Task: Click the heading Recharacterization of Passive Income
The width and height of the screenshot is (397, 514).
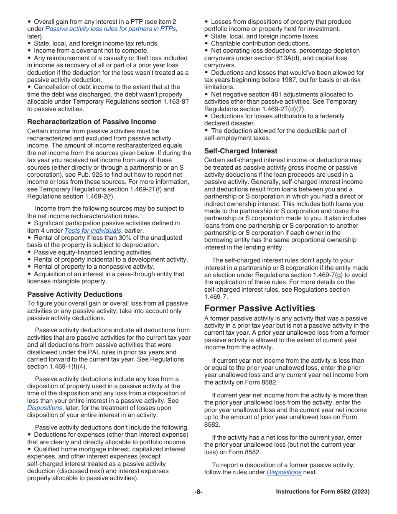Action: point(92,122)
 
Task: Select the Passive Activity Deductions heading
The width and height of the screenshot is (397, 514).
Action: point(75,294)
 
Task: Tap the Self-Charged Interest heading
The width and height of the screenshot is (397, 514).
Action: point(241,151)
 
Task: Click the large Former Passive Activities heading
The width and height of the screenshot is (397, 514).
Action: point(260,308)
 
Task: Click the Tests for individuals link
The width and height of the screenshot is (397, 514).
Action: point(93,231)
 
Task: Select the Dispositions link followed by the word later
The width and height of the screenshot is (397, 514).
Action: point(45,408)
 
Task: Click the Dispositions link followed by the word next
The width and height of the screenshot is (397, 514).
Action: point(284,472)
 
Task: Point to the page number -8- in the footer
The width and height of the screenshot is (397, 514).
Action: point(198,492)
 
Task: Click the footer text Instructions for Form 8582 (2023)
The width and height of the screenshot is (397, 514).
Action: point(323,492)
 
